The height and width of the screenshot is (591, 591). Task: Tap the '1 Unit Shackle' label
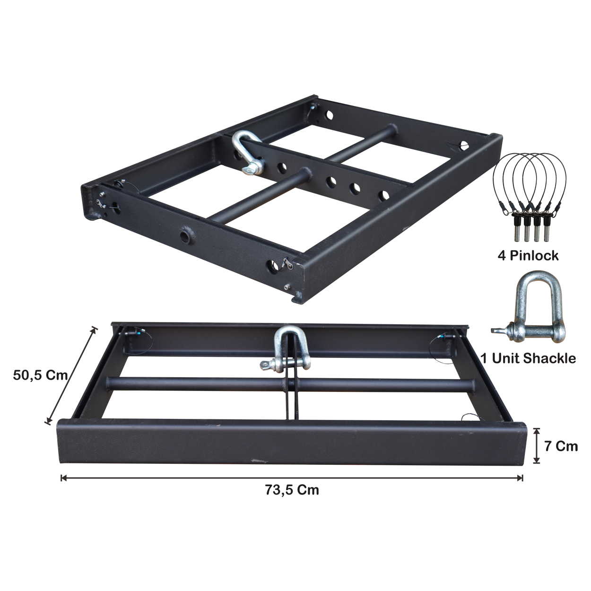[529, 358]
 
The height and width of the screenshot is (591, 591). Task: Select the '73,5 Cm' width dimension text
[292, 490]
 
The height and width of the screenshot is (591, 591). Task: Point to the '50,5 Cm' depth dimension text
[40, 375]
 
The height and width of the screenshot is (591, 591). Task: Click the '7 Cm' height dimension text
[561, 446]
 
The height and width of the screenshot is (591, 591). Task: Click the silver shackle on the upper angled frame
[248, 152]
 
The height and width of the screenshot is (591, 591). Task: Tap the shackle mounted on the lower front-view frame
[286, 349]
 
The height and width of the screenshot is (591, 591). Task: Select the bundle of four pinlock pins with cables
[530, 196]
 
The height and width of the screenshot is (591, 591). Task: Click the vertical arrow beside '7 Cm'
[537, 446]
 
